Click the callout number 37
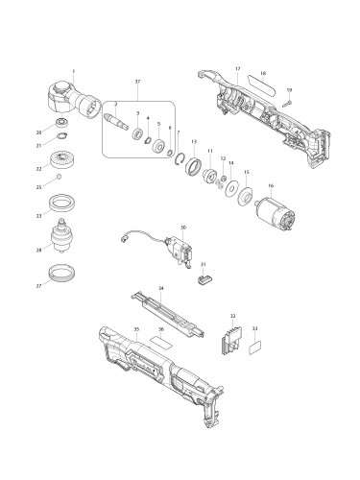tap(138, 83)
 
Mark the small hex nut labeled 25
tap(60, 180)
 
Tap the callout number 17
tap(237, 69)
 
